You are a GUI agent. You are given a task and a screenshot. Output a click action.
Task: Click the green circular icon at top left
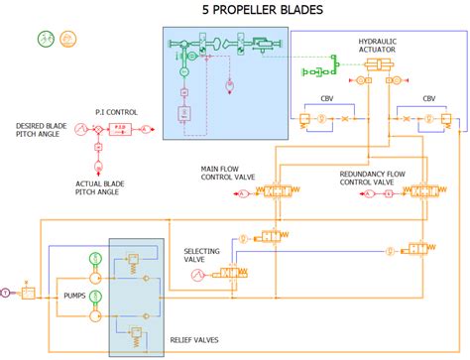(46, 41)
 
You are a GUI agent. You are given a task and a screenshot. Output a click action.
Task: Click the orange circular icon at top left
(68, 41)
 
